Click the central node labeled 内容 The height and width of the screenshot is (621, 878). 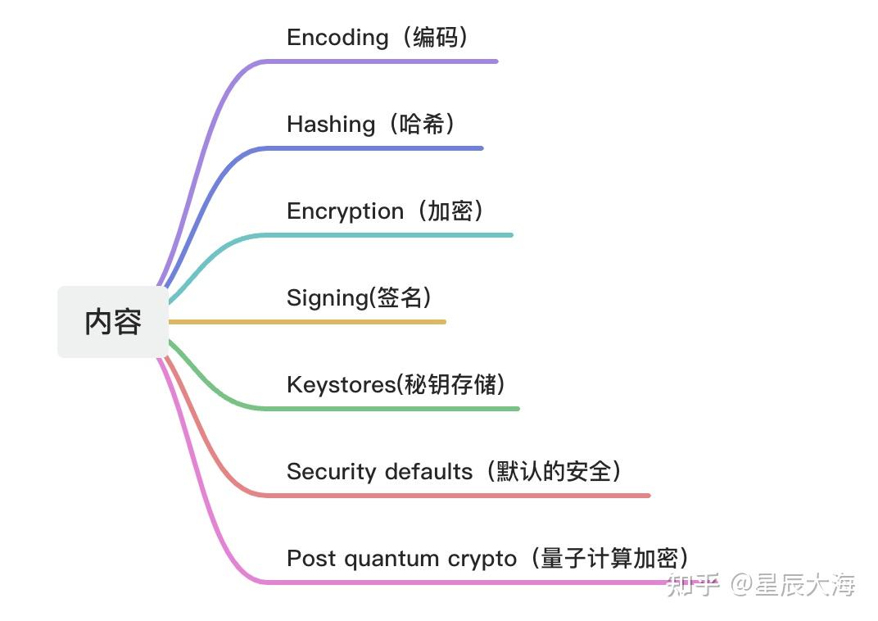113,322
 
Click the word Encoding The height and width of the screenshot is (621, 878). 337,38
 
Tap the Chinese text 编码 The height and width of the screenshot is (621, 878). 435,38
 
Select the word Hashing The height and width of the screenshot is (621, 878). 330,125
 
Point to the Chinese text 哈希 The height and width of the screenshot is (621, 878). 422,125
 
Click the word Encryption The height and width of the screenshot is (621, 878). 345,211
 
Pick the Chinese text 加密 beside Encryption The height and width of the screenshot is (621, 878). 450,211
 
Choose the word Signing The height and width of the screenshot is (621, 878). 327,298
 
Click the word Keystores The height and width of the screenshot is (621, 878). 340,385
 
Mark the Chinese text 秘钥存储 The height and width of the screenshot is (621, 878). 450,385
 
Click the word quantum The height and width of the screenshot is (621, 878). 391,559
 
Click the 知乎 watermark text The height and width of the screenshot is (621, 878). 693,585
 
